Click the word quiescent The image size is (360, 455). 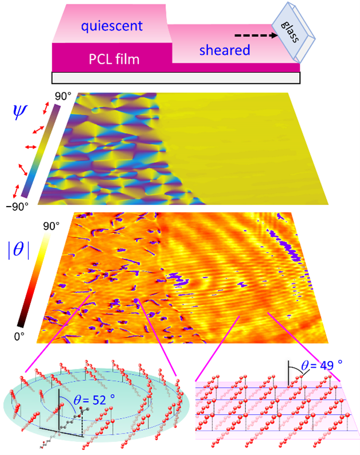pos(112,26)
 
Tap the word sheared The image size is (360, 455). pos(225,50)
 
